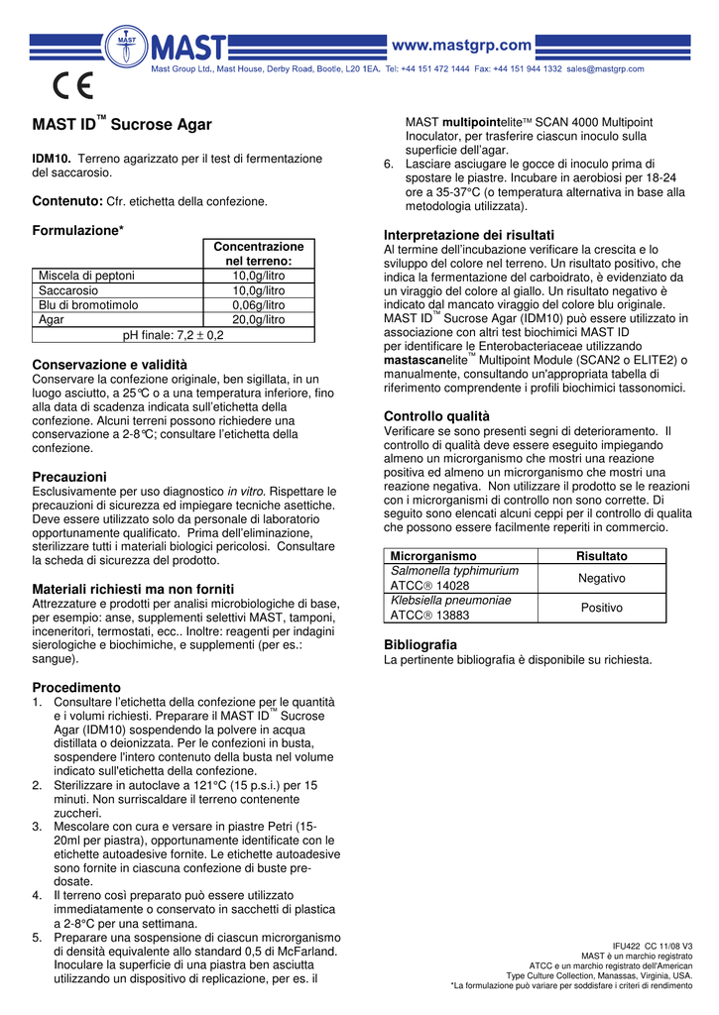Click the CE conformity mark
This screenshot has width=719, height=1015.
click(72, 88)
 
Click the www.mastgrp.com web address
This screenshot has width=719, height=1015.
click(463, 45)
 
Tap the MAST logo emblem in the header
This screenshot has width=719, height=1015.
click(128, 47)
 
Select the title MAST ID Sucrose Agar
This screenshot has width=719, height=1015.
click(122, 125)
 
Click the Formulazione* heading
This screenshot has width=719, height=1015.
click(78, 231)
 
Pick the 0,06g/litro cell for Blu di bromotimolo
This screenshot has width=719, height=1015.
click(258, 305)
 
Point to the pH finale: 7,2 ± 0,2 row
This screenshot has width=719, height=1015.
click(174, 335)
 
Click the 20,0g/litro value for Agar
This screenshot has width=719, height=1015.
click(258, 320)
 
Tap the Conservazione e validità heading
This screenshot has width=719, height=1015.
click(110, 365)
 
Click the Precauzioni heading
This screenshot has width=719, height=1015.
click(69, 477)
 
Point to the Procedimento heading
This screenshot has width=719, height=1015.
click(76, 687)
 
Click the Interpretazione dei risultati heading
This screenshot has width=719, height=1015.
click(469, 234)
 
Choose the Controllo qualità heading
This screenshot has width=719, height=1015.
click(436, 416)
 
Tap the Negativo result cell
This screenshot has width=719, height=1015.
click(602, 578)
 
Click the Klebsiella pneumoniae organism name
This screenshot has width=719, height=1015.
click(451, 600)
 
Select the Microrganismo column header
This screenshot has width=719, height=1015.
click(433, 556)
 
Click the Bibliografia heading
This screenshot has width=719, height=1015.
click(420, 644)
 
